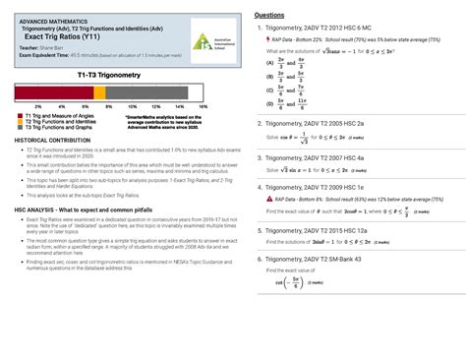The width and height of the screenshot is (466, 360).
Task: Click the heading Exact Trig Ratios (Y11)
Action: pos(59,37)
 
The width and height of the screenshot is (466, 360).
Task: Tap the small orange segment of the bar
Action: pos(96,92)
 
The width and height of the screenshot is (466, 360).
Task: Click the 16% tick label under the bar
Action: pos(203,105)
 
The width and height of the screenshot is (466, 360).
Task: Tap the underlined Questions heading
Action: pos(270,17)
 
